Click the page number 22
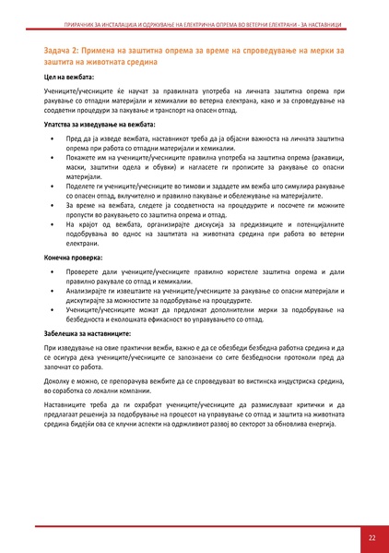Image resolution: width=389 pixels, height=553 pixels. (x=371, y=536)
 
